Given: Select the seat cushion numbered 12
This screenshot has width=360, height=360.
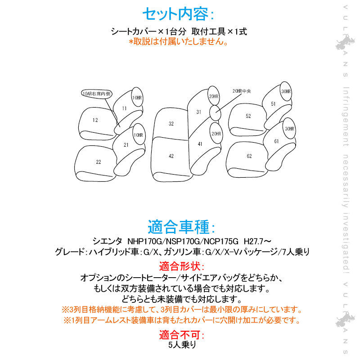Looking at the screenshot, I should click(x=95, y=120).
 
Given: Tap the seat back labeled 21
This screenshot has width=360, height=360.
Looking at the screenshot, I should click(x=126, y=145).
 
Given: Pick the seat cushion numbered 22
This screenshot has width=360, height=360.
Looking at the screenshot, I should click(x=98, y=161).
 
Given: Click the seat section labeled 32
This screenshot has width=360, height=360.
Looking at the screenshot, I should click(x=171, y=123).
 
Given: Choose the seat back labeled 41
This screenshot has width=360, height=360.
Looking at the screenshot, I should click(x=200, y=144).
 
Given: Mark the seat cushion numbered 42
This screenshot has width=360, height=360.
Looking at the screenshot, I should click(x=171, y=156).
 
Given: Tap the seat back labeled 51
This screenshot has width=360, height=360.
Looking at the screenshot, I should click(x=273, y=104).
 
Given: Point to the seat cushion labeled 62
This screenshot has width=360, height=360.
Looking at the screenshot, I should click(x=249, y=156).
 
